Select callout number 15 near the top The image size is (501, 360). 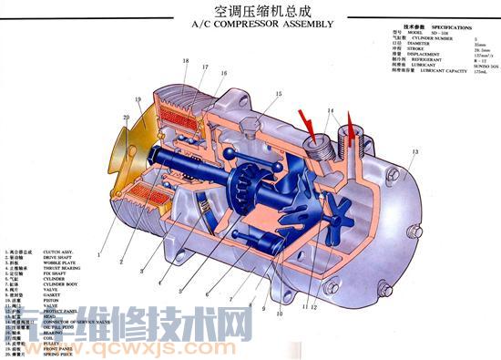(x=279, y=94)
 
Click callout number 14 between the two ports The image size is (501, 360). (x=332, y=111)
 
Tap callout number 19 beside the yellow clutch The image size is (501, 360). (x=138, y=99)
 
